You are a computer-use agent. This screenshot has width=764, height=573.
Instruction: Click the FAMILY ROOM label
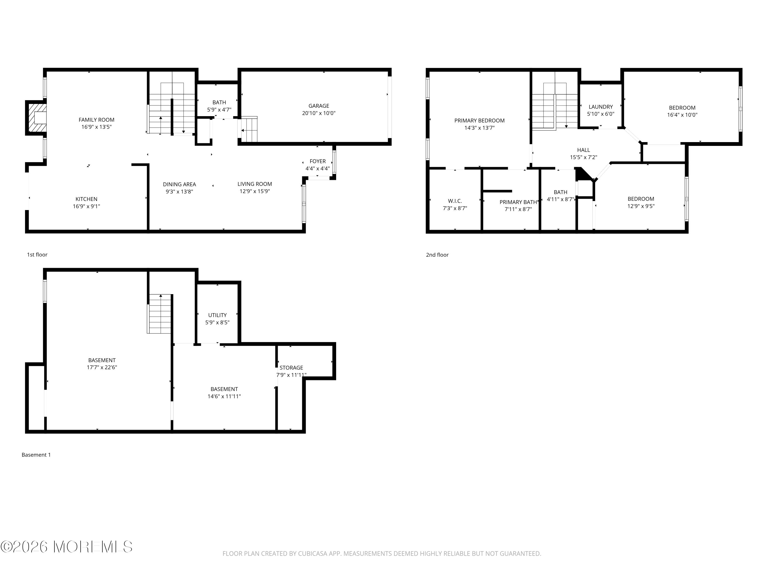point(96,120)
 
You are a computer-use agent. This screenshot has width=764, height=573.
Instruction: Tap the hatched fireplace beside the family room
point(36,118)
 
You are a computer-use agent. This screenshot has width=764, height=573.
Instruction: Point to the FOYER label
point(317,161)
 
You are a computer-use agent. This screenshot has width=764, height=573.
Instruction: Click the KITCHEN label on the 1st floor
point(86,199)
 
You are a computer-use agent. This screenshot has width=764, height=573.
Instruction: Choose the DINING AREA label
point(179,184)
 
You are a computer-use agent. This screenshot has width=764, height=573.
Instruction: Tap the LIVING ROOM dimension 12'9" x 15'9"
point(255,191)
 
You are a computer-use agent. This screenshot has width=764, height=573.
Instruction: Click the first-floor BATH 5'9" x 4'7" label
point(219,106)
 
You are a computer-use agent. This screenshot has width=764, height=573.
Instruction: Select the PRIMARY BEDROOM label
point(479,120)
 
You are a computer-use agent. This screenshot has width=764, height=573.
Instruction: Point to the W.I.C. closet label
point(455,201)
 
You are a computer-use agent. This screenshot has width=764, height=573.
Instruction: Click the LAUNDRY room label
point(601,107)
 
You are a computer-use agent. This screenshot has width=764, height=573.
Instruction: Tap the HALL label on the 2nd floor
point(583,150)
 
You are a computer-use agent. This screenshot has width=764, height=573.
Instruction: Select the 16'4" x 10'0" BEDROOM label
point(682,111)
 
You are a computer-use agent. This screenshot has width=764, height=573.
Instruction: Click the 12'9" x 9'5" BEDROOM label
point(641,202)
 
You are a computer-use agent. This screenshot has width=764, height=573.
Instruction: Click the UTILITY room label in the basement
point(217,315)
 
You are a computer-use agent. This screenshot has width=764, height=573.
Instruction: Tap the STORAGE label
point(291,368)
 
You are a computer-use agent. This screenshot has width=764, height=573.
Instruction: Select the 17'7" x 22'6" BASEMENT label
point(102,364)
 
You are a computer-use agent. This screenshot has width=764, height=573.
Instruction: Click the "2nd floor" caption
point(437,255)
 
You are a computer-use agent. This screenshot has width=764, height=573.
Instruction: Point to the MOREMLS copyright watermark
point(66,547)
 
